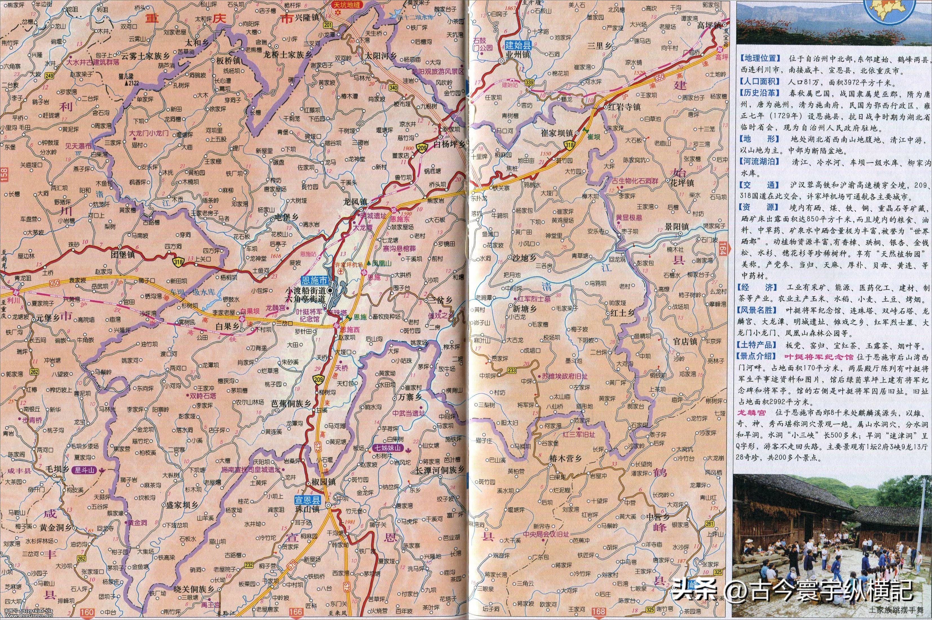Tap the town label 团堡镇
(123, 255)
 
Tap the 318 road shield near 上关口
(178, 261)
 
